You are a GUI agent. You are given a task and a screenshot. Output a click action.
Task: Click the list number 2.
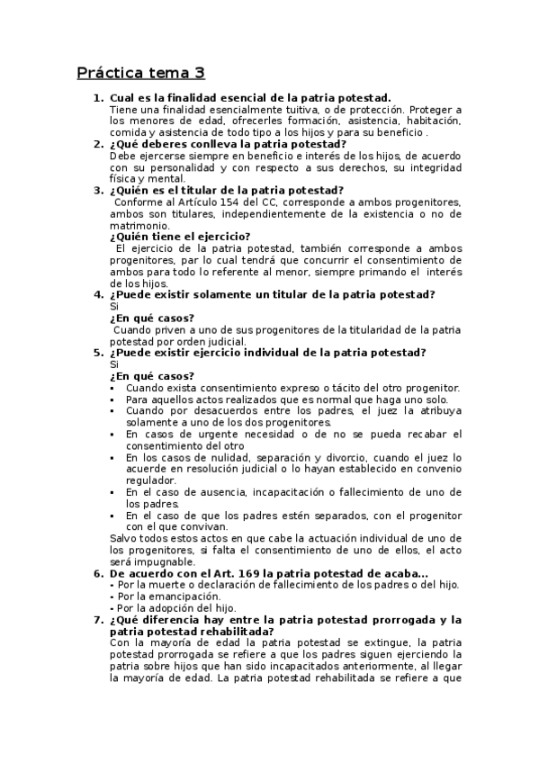pos(98,144)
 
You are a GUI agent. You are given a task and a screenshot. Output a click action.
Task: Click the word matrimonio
pos(139,225)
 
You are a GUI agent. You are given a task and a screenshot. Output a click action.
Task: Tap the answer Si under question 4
pos(113,306)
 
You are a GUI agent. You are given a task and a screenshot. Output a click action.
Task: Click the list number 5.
pos(98,353)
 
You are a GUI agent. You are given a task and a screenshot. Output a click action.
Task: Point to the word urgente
pos(199,434)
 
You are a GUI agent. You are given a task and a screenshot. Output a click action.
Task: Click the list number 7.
pos(98,620)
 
